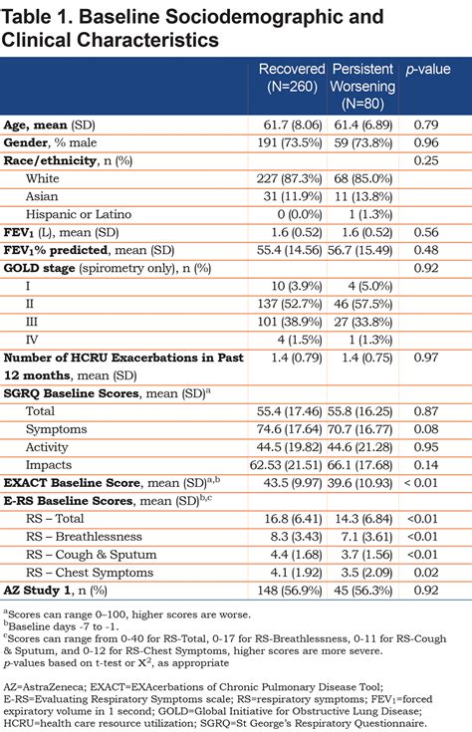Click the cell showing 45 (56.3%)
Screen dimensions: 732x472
363,591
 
